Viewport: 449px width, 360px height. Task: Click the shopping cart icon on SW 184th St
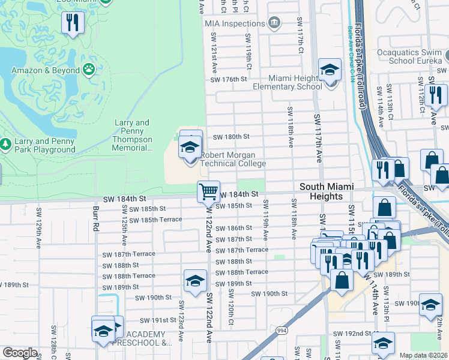coord(208,192)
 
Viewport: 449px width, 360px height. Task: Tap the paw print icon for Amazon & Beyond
coord(89,70)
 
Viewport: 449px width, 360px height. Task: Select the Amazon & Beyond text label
coord(46,70)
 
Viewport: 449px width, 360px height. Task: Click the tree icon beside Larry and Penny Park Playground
coord(5,145)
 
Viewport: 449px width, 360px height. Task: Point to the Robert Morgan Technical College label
coord(232,159)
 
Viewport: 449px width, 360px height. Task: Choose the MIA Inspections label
coord(235,23)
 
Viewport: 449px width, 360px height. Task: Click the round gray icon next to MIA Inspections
coord(274,23)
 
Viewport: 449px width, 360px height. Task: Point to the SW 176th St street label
coord(229,79)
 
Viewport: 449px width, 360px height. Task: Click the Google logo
coord(20,353)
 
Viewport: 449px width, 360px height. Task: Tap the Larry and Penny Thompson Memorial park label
coord(131,135)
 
